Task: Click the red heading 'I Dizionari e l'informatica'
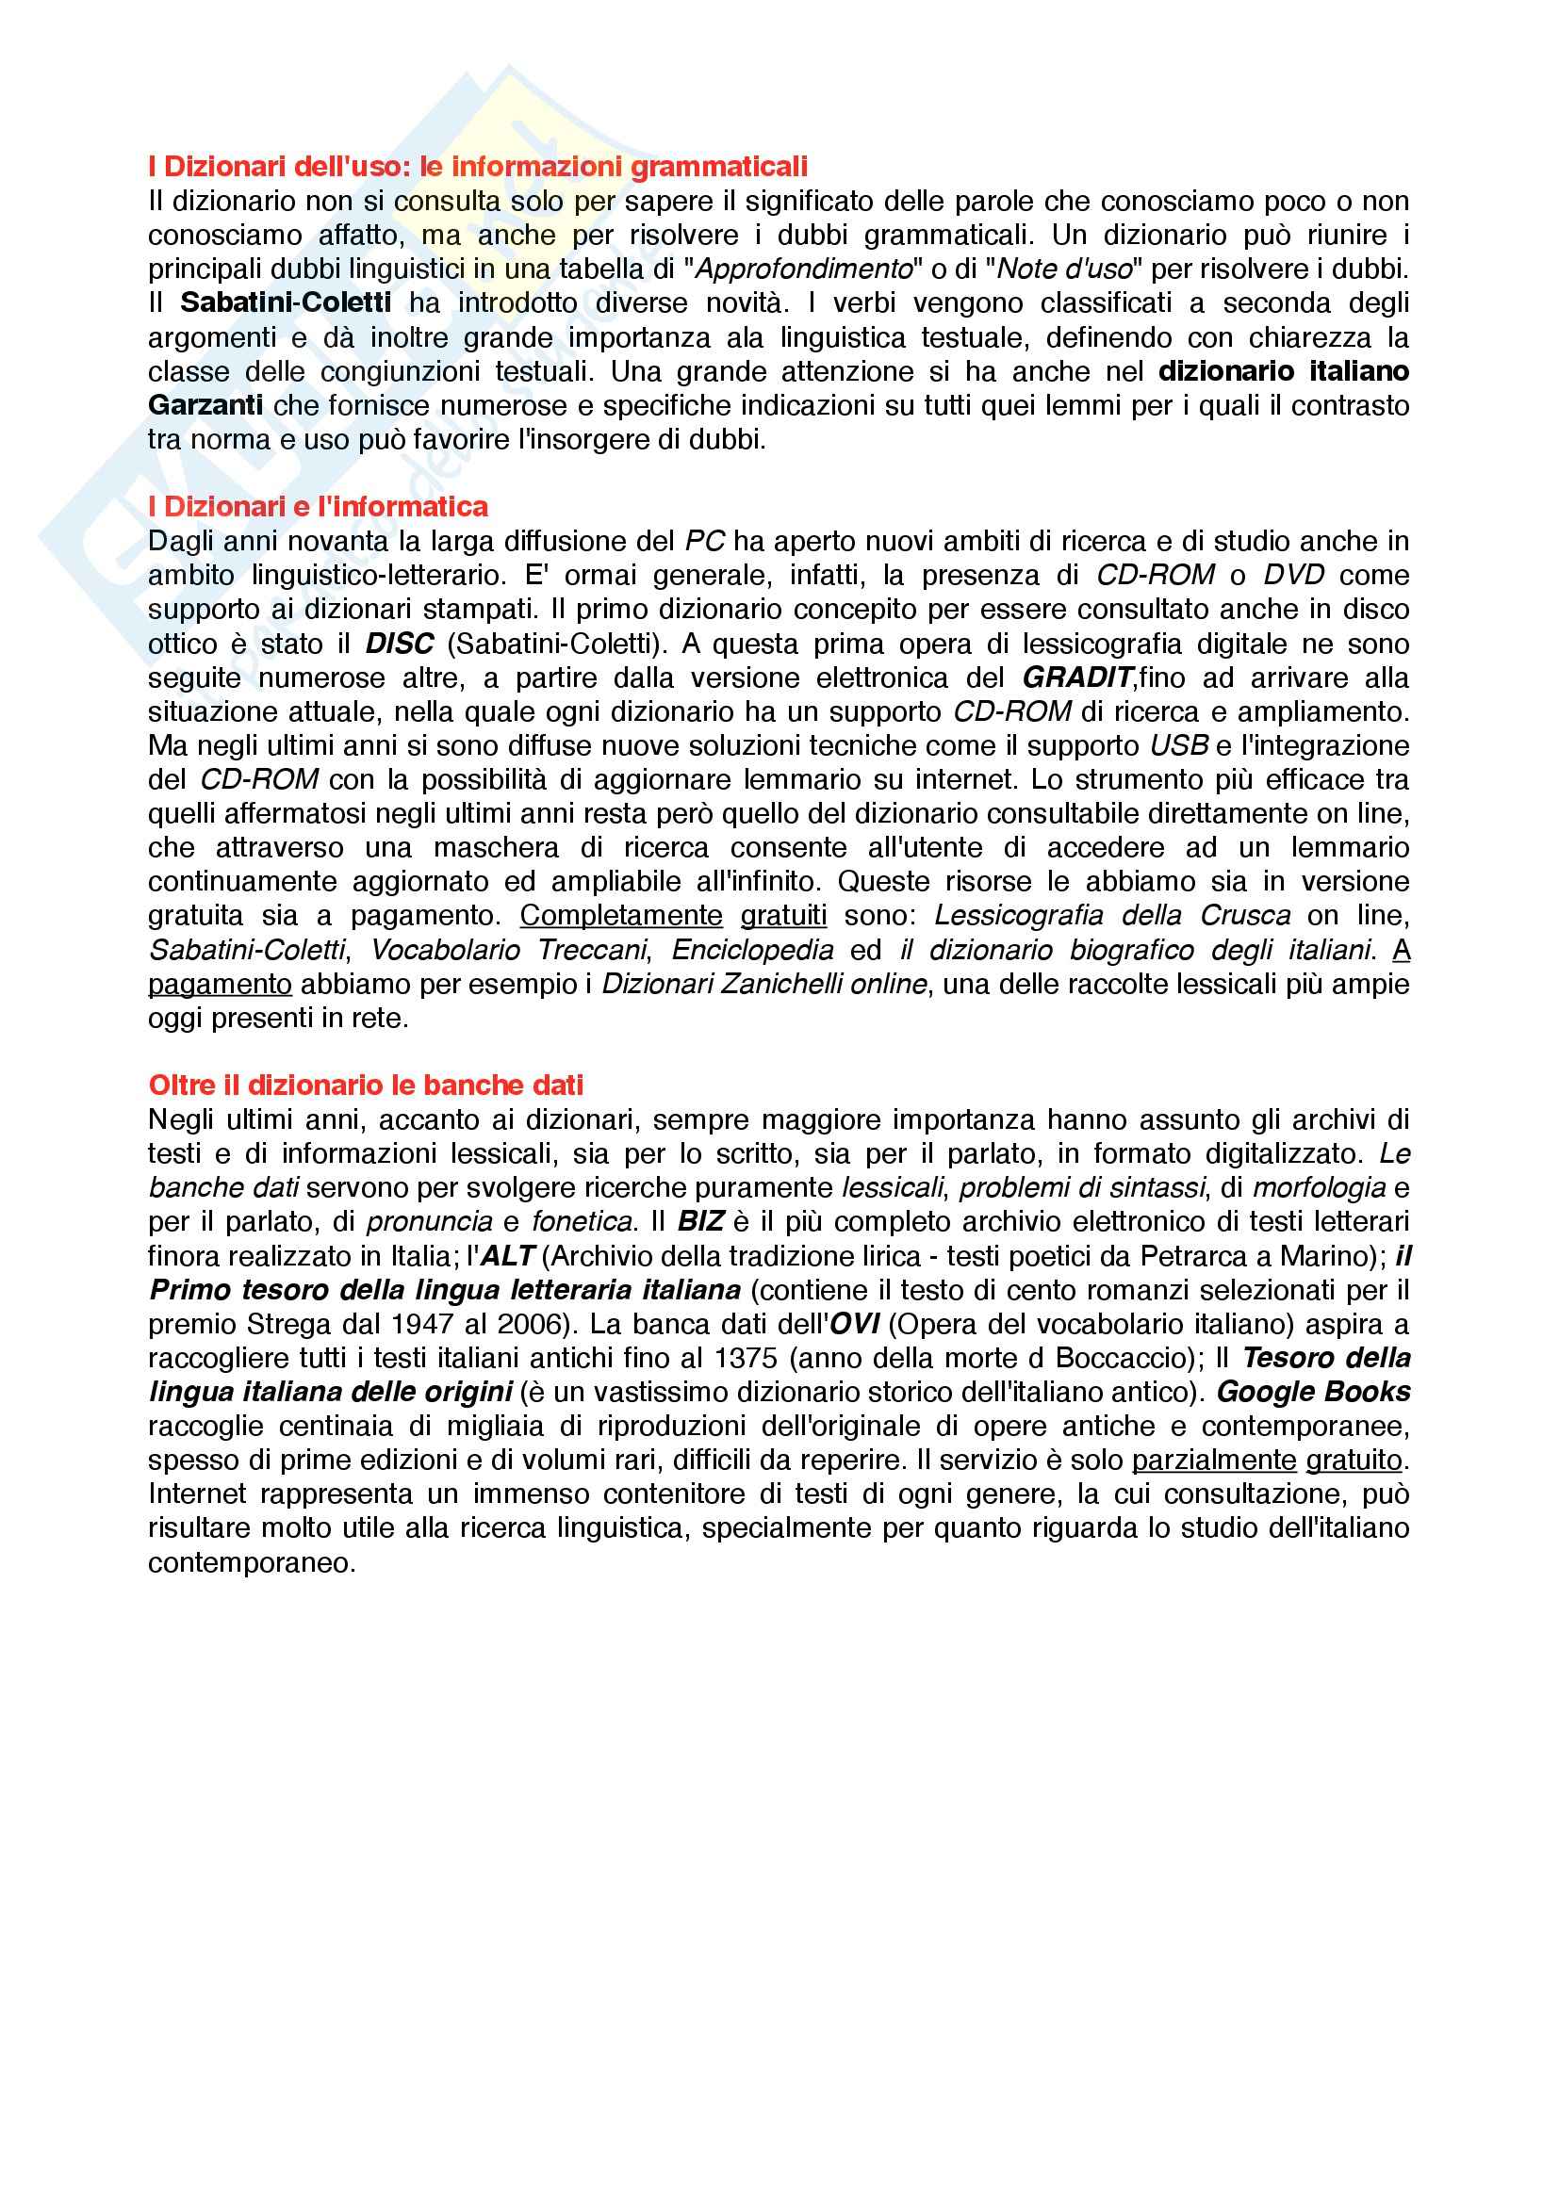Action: click(x=318, y=507)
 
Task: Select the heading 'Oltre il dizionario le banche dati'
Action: click(x=366, y=1086)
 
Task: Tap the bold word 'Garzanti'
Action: click(x=205, y=406)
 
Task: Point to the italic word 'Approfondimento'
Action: click(x=802, y=269)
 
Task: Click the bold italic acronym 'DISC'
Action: click(x=400, y=645)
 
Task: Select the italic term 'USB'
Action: click(x=1179, y=747)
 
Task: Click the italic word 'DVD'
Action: click(x=1293, y=576)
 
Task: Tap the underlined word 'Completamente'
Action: click(x=621, y=916)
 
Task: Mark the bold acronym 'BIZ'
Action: click(x=700, y=1222)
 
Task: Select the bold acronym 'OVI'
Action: click(x=854, y=1325)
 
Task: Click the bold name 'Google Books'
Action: click(x=1313, y=1393)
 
